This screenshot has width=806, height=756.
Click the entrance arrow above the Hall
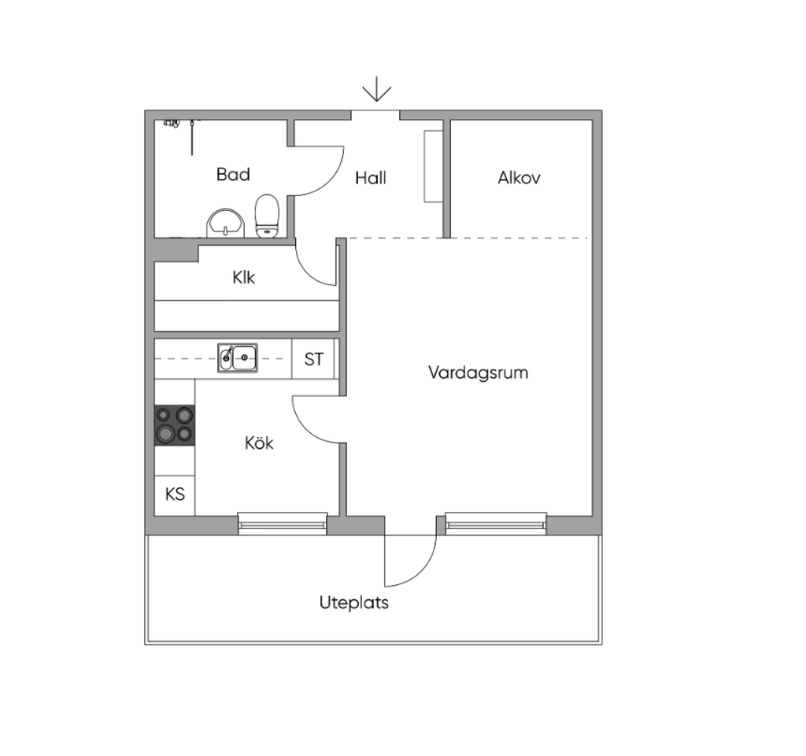coord(377,89)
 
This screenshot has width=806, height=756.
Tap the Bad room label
coord(233,174)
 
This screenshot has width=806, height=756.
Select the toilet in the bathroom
coord(268,216)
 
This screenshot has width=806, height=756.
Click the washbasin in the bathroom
coord(225,223)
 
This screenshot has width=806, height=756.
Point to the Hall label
coord(370,178)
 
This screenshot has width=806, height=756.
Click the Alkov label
coord(519,178)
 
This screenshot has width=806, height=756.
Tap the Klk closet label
coord(243,278)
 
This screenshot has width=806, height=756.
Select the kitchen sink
coord(238,358)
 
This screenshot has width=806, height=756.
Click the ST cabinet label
coord(313,359)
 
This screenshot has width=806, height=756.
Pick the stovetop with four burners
coord(175,425)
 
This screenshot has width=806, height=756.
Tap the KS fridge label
coord(175,495)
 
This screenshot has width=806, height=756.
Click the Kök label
coord(259,443)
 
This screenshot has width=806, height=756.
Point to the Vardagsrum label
coord(478,372)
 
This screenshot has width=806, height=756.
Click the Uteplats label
coord(353,602)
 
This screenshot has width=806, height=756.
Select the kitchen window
coord(283,523)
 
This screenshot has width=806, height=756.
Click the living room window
coord(496,523)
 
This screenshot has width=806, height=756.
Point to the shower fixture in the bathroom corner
coord(172,124)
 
